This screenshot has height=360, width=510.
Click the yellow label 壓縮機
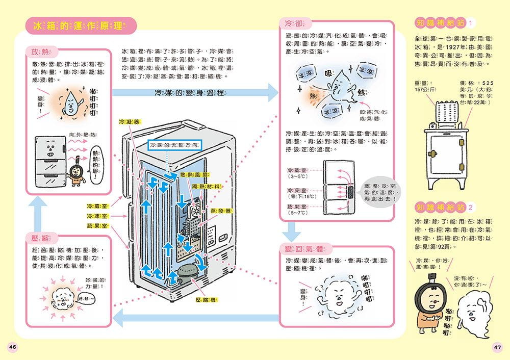207,300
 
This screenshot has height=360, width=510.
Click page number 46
13,347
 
